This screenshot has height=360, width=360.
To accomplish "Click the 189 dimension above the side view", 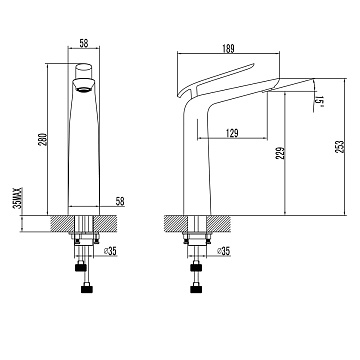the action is tap(228, 48).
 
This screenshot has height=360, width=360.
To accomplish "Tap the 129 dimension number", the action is tap(232, 133).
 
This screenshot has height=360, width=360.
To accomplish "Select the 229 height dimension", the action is tap(281, 153).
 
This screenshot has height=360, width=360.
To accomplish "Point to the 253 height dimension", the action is tap(340, 147).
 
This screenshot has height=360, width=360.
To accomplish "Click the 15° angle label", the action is tap(319, 102).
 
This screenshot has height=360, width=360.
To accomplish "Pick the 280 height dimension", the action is tap(44, 139).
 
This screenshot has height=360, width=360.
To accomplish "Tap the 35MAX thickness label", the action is tap(18, 198).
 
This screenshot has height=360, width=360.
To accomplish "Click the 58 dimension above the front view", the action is tap(84, 43).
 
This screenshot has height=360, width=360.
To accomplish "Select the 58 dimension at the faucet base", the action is tap(120, 201).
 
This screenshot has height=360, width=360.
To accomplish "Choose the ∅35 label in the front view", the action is tap(110, 251).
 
